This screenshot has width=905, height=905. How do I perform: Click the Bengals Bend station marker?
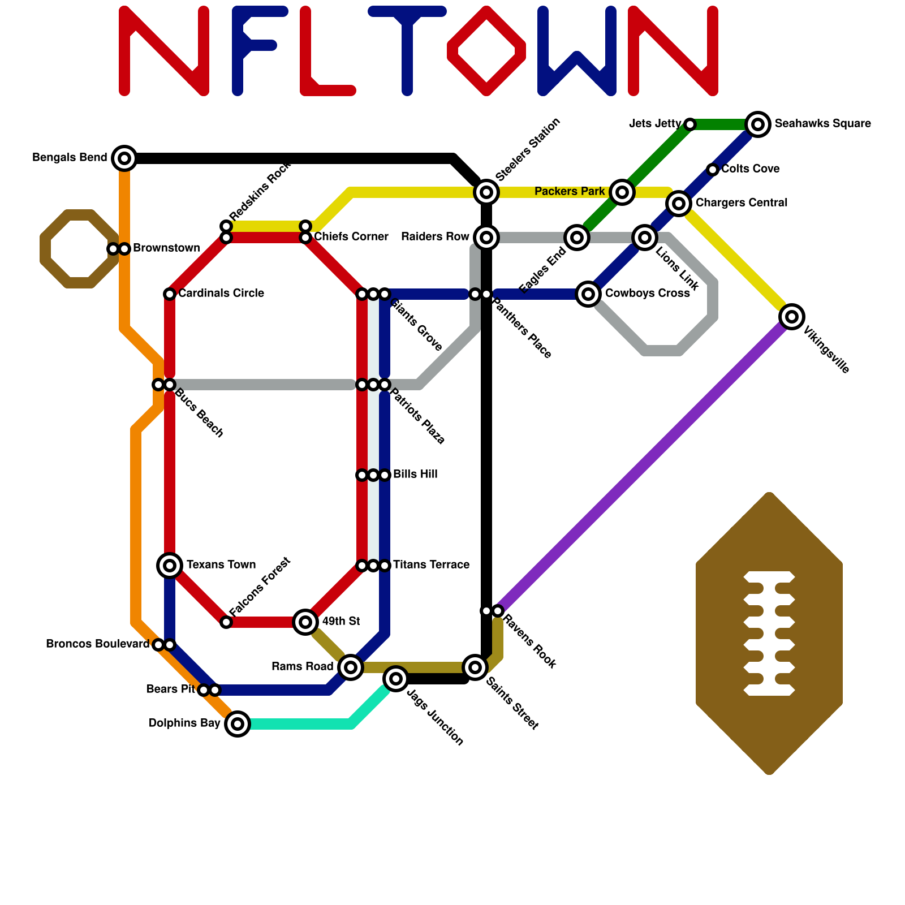click(x=124, y=158)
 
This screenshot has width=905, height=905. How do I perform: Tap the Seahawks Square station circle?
click(x=758, y=124)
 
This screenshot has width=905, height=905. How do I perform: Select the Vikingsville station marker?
click(x=792, y=317)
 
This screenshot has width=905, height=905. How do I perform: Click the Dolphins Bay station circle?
click(x=238, y=723)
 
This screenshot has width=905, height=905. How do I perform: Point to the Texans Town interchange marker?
click(x=170, y=564)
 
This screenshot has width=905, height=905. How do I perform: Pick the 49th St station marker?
click(x=305, y=622)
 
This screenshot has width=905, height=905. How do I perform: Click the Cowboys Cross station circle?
click(x=588, y=294)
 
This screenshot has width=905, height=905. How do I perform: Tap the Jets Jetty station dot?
click(x=690, y=124)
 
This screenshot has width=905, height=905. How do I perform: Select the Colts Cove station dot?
click(x=713, y=170)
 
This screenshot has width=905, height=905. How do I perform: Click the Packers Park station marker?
click(x=622, y=192)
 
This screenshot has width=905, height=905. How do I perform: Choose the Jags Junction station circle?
click(x=396, y=678)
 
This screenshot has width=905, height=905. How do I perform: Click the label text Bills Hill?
click(x=415, y=475)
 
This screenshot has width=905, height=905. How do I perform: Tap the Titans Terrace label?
click(x=431, y=565)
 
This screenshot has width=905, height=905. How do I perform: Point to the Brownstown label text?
click(x=166, y=248)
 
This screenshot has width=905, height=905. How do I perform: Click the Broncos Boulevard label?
click(x=97, y=644)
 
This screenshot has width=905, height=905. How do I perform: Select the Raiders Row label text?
click(x=435, y=237)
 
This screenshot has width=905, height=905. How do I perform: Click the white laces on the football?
click(x=769, y=633)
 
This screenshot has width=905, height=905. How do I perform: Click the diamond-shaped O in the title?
click(x=486, y=51)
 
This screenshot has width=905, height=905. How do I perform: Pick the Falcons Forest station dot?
click(x=226, y=622)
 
